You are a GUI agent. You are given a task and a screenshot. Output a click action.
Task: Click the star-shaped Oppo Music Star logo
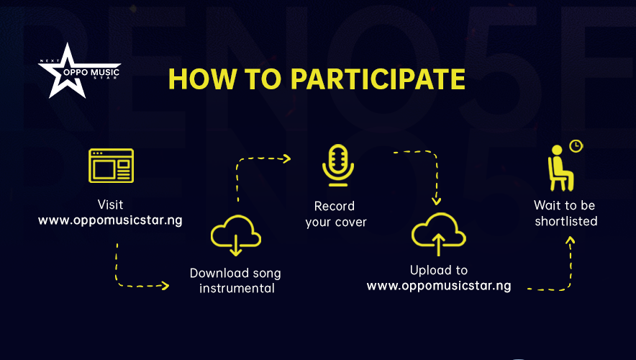pos(69,71)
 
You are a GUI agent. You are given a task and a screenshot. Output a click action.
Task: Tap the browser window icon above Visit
pos(110,166)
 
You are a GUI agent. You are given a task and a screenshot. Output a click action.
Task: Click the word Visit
pos(110,204)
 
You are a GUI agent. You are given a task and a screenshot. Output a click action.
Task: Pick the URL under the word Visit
pos(110,220)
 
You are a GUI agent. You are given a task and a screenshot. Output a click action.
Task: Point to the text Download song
pos(235,273)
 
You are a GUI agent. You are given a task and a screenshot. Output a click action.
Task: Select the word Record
pos(335,207)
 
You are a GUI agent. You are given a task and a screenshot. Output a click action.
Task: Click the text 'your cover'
pos(335,222)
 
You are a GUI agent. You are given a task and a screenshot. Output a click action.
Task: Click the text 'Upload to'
pos(438,270)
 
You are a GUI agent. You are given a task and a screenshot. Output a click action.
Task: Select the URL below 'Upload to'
pos(438,286)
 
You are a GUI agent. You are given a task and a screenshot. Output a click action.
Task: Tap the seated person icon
pos(557,163)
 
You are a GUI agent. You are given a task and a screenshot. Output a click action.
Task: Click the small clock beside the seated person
pos(576,146)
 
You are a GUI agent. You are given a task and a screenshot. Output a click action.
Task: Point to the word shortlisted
pos(565,221)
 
